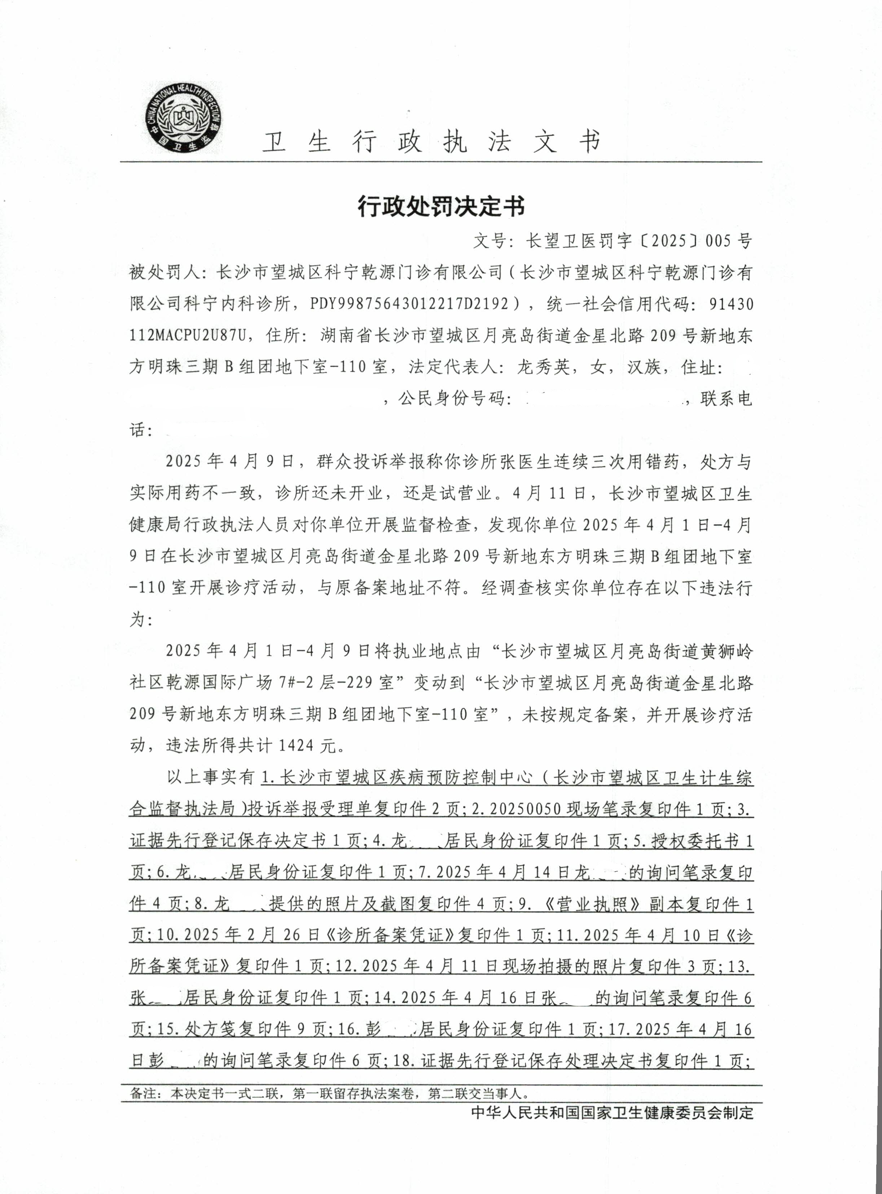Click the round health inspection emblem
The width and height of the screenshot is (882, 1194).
[185, 119]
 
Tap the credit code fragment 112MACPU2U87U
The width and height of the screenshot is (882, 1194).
[188, 336]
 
